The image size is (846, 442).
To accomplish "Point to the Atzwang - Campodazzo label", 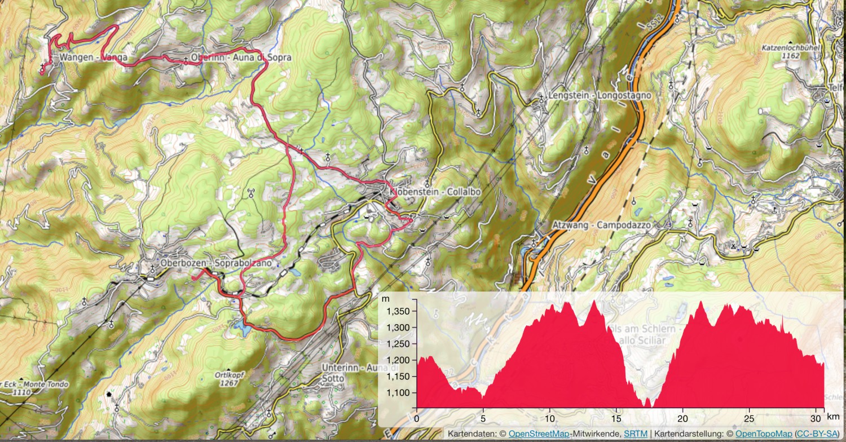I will [602, 225].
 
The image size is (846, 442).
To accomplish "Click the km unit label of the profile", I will [834, 417].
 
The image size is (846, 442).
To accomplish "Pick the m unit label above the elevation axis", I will [385, 298].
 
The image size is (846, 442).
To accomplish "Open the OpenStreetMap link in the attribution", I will [539, 434].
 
